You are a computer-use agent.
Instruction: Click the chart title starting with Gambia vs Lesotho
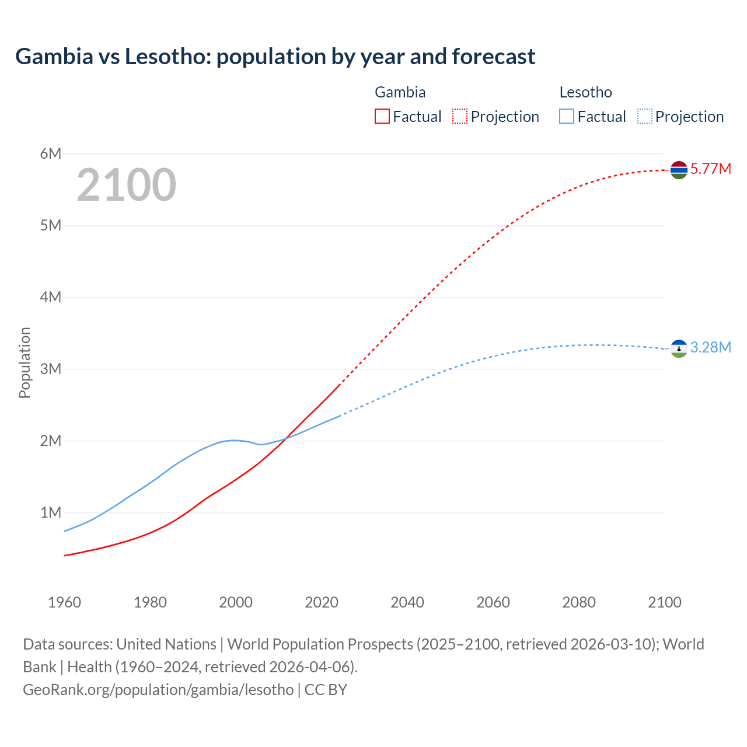[275, 57]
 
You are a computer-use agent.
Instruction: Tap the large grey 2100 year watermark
[126, 185]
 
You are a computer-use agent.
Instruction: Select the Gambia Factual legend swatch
[382, 116]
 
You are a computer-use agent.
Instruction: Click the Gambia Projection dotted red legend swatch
[460, 116]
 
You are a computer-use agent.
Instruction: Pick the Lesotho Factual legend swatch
[567, 116]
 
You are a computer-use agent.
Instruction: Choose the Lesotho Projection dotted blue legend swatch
[644, 116]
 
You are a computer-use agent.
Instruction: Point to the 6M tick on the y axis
[51, 153]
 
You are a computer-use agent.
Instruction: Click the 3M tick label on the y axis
[51, 369]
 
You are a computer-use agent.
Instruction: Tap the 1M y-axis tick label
[51, 512]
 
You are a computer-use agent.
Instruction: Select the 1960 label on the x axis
[64, 602]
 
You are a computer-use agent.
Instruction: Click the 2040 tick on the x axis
[407, 602]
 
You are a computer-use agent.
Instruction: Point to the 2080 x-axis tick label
[579, 602]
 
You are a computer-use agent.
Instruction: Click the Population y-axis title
[25, 362]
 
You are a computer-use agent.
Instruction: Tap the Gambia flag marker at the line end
[679, 170]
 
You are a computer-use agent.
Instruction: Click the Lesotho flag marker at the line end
[679, 348]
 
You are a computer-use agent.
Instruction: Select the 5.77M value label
[710, 169]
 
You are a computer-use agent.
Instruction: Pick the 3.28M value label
[710, 348]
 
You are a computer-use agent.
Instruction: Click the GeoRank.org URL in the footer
[158, 690]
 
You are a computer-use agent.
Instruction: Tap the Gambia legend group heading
[400, 92]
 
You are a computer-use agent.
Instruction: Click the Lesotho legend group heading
[585, 92]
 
